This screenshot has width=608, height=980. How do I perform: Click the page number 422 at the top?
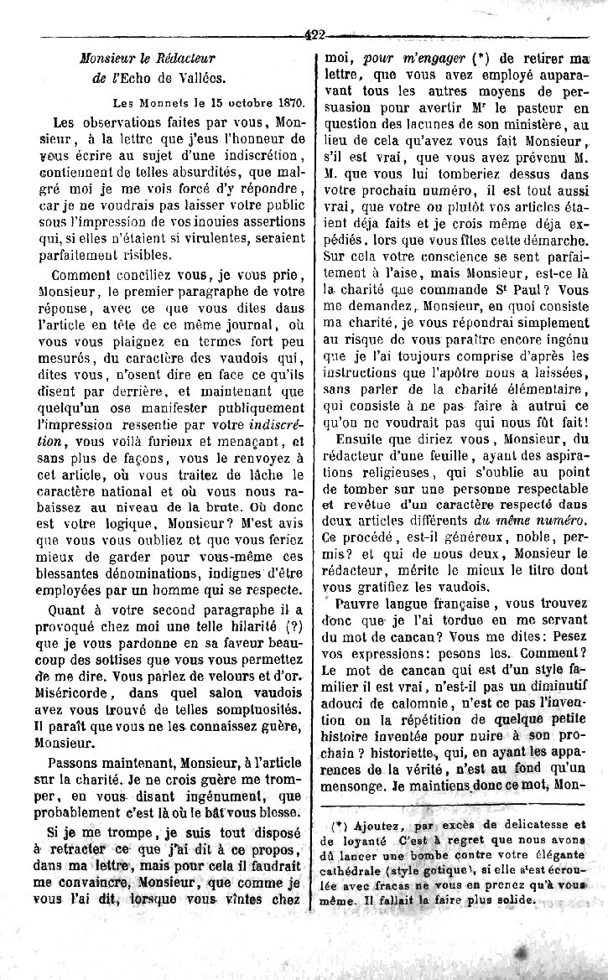315,34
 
